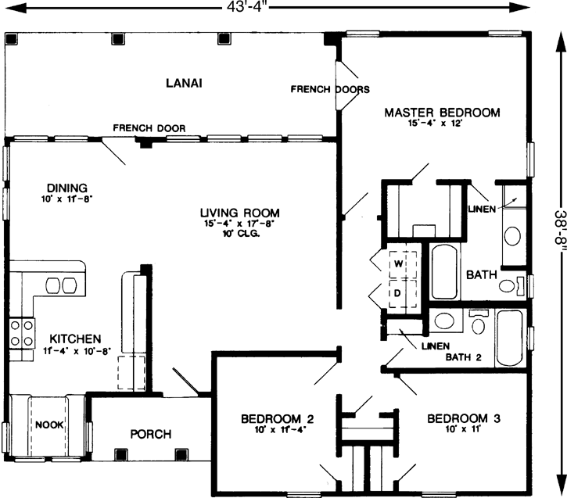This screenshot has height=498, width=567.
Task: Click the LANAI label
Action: pyautogui.click(x=179, y=84)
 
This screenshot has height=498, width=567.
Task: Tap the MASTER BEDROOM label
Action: pyautogui.click(x=442, y=113)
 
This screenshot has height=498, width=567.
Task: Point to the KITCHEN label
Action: pyautogui.click(x=75, y=339)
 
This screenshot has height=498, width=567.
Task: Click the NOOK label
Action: pyautogui.click(x=48, y=425)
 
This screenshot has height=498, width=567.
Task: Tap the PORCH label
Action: pyautogui.click(x=150, y=434)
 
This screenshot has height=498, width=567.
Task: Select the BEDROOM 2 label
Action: pyautogui.click(x=266, y=417)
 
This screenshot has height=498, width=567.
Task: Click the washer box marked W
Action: pyautogui.click(x=397, y=263)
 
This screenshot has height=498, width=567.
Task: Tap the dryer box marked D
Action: pyautogui.click(x=397, y=293)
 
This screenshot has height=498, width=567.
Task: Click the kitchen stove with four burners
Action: pyautogui.click(x=21, y=331)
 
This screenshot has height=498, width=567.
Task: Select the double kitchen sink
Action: pyautogui.click(x=63, y=285)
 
